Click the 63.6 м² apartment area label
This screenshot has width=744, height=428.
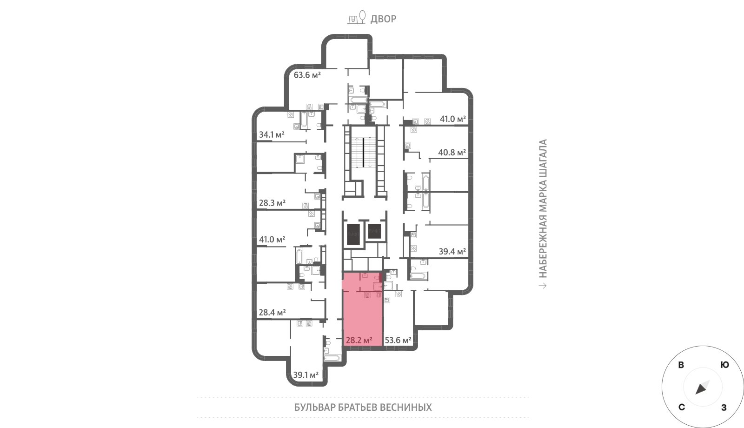tap(307, 75)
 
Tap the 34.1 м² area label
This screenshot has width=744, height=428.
tap(272, 134)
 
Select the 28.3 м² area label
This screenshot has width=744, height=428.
tap(272, 203)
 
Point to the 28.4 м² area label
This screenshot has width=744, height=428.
tap(272, 312)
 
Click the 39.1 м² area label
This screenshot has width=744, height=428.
tap(306, 375)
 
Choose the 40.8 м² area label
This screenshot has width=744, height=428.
tap(452, 153)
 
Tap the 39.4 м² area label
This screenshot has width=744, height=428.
tap(452, 252)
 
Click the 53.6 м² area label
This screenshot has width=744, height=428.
tap(398, 340)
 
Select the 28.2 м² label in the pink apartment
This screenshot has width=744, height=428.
tap(359, 340)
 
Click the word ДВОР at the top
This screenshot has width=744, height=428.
tap(383, 19)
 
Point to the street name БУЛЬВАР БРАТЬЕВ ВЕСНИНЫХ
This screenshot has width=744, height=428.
tap(363, 408)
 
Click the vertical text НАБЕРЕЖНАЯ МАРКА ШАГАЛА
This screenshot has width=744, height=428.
tap(543, 208)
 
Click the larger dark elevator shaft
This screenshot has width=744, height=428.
tap(353, 234)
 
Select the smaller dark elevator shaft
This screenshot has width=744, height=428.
tap(374, 231)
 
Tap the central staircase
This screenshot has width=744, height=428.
tap(364, 153)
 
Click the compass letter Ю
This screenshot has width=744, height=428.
tap(725, 365)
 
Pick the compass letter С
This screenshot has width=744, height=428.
tap(682, 408)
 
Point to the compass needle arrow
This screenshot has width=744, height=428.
tap(703, 387)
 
